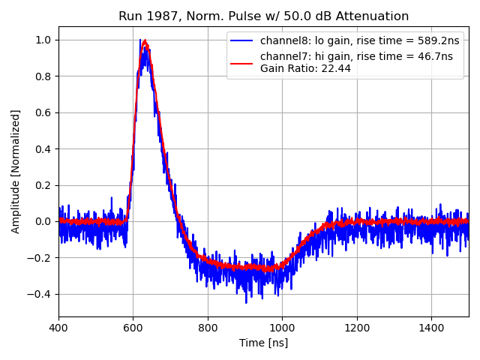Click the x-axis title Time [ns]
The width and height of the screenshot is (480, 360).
point(263,343)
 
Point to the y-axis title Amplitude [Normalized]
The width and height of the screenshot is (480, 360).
point(16,171)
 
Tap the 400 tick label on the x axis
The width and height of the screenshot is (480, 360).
point(58,328)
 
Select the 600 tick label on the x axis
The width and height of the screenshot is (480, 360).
point(133,328)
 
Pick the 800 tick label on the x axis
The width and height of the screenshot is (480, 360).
point(208,328)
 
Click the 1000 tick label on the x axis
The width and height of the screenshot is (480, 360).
point(282,328)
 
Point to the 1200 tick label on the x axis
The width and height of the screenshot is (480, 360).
point(357,328)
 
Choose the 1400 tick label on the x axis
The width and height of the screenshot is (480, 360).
point(431,328)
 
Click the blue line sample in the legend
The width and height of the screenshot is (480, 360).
point(243,41)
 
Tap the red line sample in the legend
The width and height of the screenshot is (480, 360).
point(243,57)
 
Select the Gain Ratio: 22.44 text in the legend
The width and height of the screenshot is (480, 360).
point(305,68)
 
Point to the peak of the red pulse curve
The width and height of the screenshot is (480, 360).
point(145,41)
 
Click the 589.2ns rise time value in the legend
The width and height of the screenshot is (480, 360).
point(436,41)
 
